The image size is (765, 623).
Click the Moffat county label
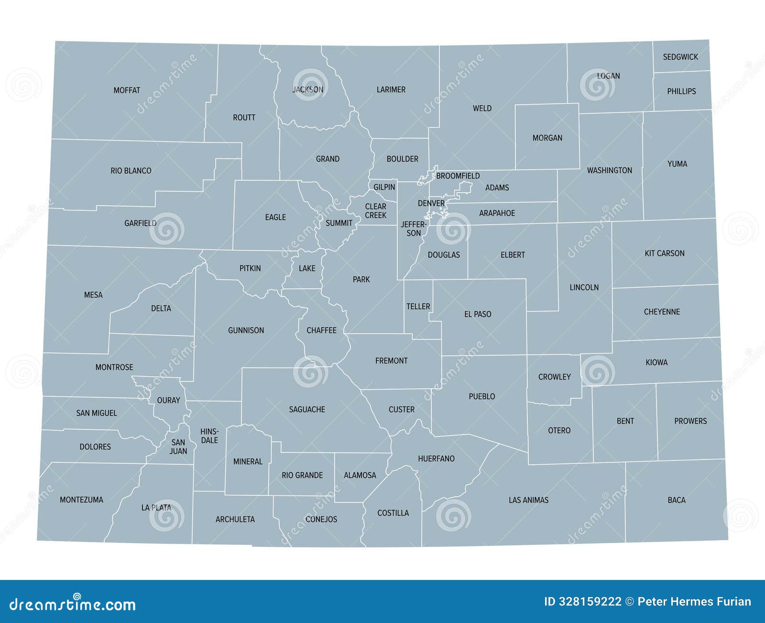(127, 90)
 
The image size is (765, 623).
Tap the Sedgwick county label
(680, 57)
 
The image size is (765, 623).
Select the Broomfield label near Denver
(458, 176)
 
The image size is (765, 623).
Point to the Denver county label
(431, 203)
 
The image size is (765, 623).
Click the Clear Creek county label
(375, 211)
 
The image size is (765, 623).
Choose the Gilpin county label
(384, 187)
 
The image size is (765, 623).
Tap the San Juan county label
(178, 447)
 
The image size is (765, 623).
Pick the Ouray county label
(168, 400)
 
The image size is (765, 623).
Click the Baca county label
(677, 500)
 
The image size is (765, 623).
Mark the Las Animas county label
(528, 500)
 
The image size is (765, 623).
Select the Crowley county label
(555, 377)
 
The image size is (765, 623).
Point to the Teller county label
(418, 306)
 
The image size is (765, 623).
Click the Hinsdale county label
(209, 436)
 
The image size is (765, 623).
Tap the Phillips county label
(681, 91)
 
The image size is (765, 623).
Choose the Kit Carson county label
(664, 253)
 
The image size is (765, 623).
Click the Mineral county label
(248, 461)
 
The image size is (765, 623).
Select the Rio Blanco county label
(131, 171)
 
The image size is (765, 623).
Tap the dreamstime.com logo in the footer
(73, 604)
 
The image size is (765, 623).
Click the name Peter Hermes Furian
(694, 601)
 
